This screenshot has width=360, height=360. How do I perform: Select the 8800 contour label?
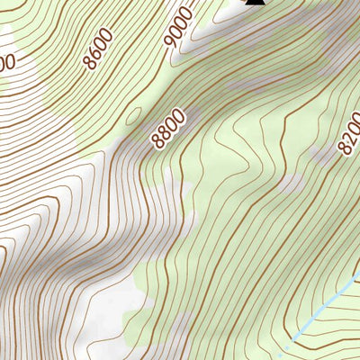pyautogui.click(x=168, y=128)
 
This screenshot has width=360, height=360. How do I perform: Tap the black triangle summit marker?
pyautogui.click(x=255, y=3)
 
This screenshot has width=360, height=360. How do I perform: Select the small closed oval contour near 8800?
pyautogui.click(x=133, y=116)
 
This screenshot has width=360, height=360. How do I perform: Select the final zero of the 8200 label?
pyautogui.click(x=355, y=121)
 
